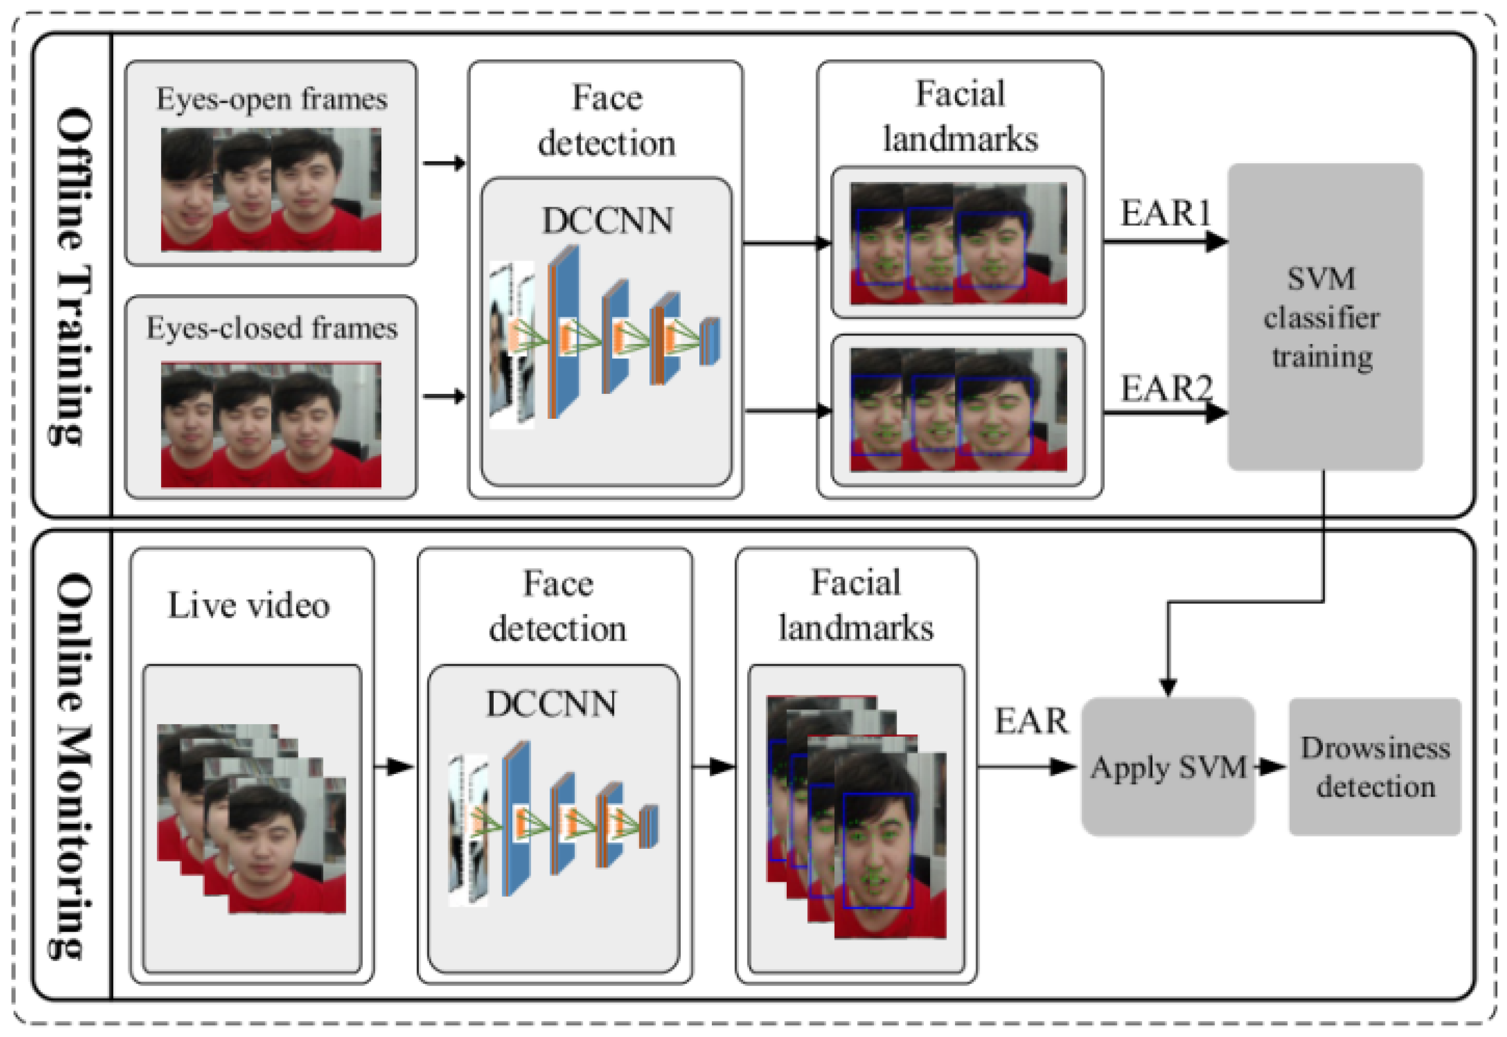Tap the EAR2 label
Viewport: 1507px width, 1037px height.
pyautogui.click(x=1166, y=388)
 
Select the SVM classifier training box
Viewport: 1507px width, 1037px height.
pyautogui.click(x=1325, y=317)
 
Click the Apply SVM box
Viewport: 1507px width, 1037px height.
pyautogui.click(x=1168, y=767)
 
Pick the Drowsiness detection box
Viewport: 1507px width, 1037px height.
pyautogui.click(x=1375, y=767)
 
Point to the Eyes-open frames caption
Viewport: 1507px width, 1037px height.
pyautogui.click(x=271, y=99)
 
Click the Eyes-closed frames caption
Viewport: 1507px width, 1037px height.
pyautogui.click(x=271, y=328)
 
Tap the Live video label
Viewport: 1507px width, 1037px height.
pyautogui.click(x=249, y=606)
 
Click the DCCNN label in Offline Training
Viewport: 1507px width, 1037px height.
pyautogui.click(x=608, y=221)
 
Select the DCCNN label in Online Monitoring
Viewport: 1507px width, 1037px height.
pyautogui.click(x=551, y=704)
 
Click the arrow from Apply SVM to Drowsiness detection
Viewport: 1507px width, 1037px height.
pyautogui.click(x=1271, y=767)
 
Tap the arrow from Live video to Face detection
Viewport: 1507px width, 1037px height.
pyautogui.click(x=394, y=767)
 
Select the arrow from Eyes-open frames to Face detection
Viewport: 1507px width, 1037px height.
pyautogui.click(x=444, y=163)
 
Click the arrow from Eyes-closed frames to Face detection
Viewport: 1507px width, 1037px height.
pyautogui.click(x=444, y=396)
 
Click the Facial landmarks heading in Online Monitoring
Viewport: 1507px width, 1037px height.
pyautogui.click(x=856, y=606)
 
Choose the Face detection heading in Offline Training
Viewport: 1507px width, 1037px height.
pyautogui.click(x=606, y=120)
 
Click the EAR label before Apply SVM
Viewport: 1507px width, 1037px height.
pyautogui.click(x=1031, y=721)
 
